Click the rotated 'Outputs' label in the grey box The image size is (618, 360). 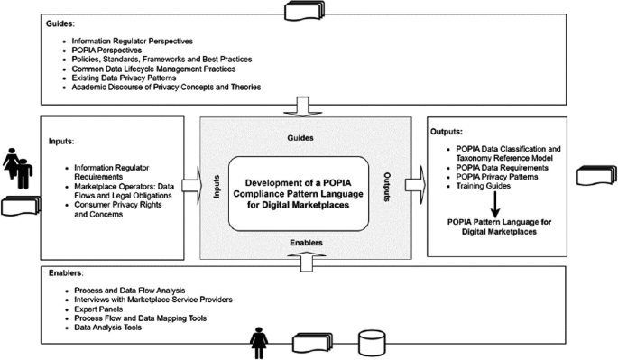[x=388, y=187]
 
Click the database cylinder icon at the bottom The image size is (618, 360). [x=371, y=345]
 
